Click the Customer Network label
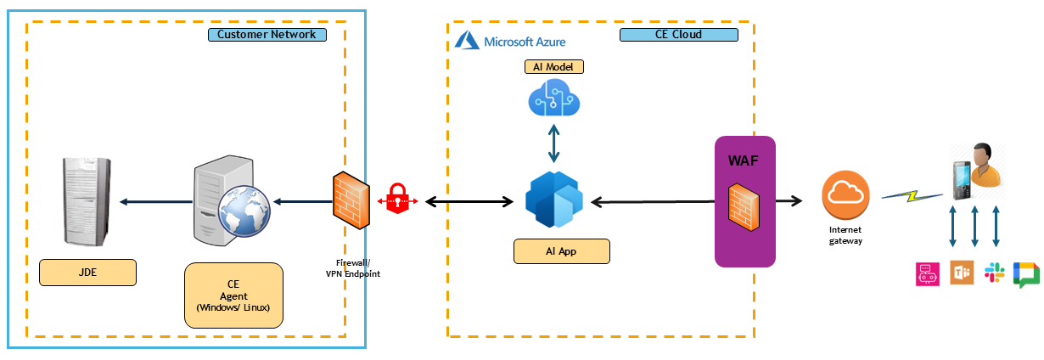pos(267,35)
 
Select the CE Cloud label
pos(677,35)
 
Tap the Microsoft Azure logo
pos(510,40)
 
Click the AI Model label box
pos(554,67)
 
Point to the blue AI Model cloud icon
pos(554,99)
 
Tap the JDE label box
pos(87,273)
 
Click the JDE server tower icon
pos(85,202)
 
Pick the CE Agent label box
pos(233,295)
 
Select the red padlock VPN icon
pos(398,200)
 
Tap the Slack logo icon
pos(994,273)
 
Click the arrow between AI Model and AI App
pos(554,142)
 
